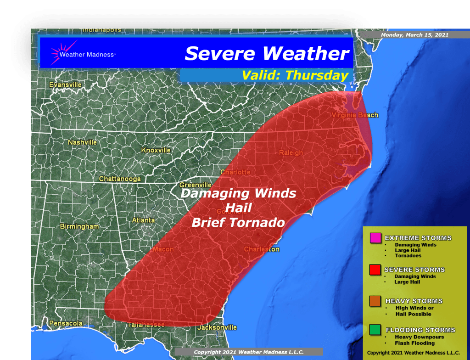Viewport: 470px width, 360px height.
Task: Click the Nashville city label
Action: pos(82,142)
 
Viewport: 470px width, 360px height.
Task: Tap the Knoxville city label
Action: pos(156,150)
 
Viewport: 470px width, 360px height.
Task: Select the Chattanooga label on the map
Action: pos(120,179)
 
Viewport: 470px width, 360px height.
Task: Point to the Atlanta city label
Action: pos(143,220)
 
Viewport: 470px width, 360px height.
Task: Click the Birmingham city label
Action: pos(79,226)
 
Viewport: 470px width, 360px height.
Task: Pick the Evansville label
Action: pos(65,85)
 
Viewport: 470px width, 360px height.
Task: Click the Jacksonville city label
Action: pos(217,327)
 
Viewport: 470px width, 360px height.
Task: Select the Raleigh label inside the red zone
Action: pos(291,152)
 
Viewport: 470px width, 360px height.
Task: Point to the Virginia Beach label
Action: pos(355,115)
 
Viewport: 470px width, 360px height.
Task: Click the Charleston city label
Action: pos(261,249)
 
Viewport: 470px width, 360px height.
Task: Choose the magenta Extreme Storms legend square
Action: pos(374,238)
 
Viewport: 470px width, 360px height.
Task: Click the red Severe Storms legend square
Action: pos(374,270)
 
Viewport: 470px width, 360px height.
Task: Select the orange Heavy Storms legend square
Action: pos(374,301)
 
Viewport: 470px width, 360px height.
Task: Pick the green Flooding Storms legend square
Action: pos(374,330)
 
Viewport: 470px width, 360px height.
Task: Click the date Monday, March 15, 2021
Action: pos(414,35)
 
